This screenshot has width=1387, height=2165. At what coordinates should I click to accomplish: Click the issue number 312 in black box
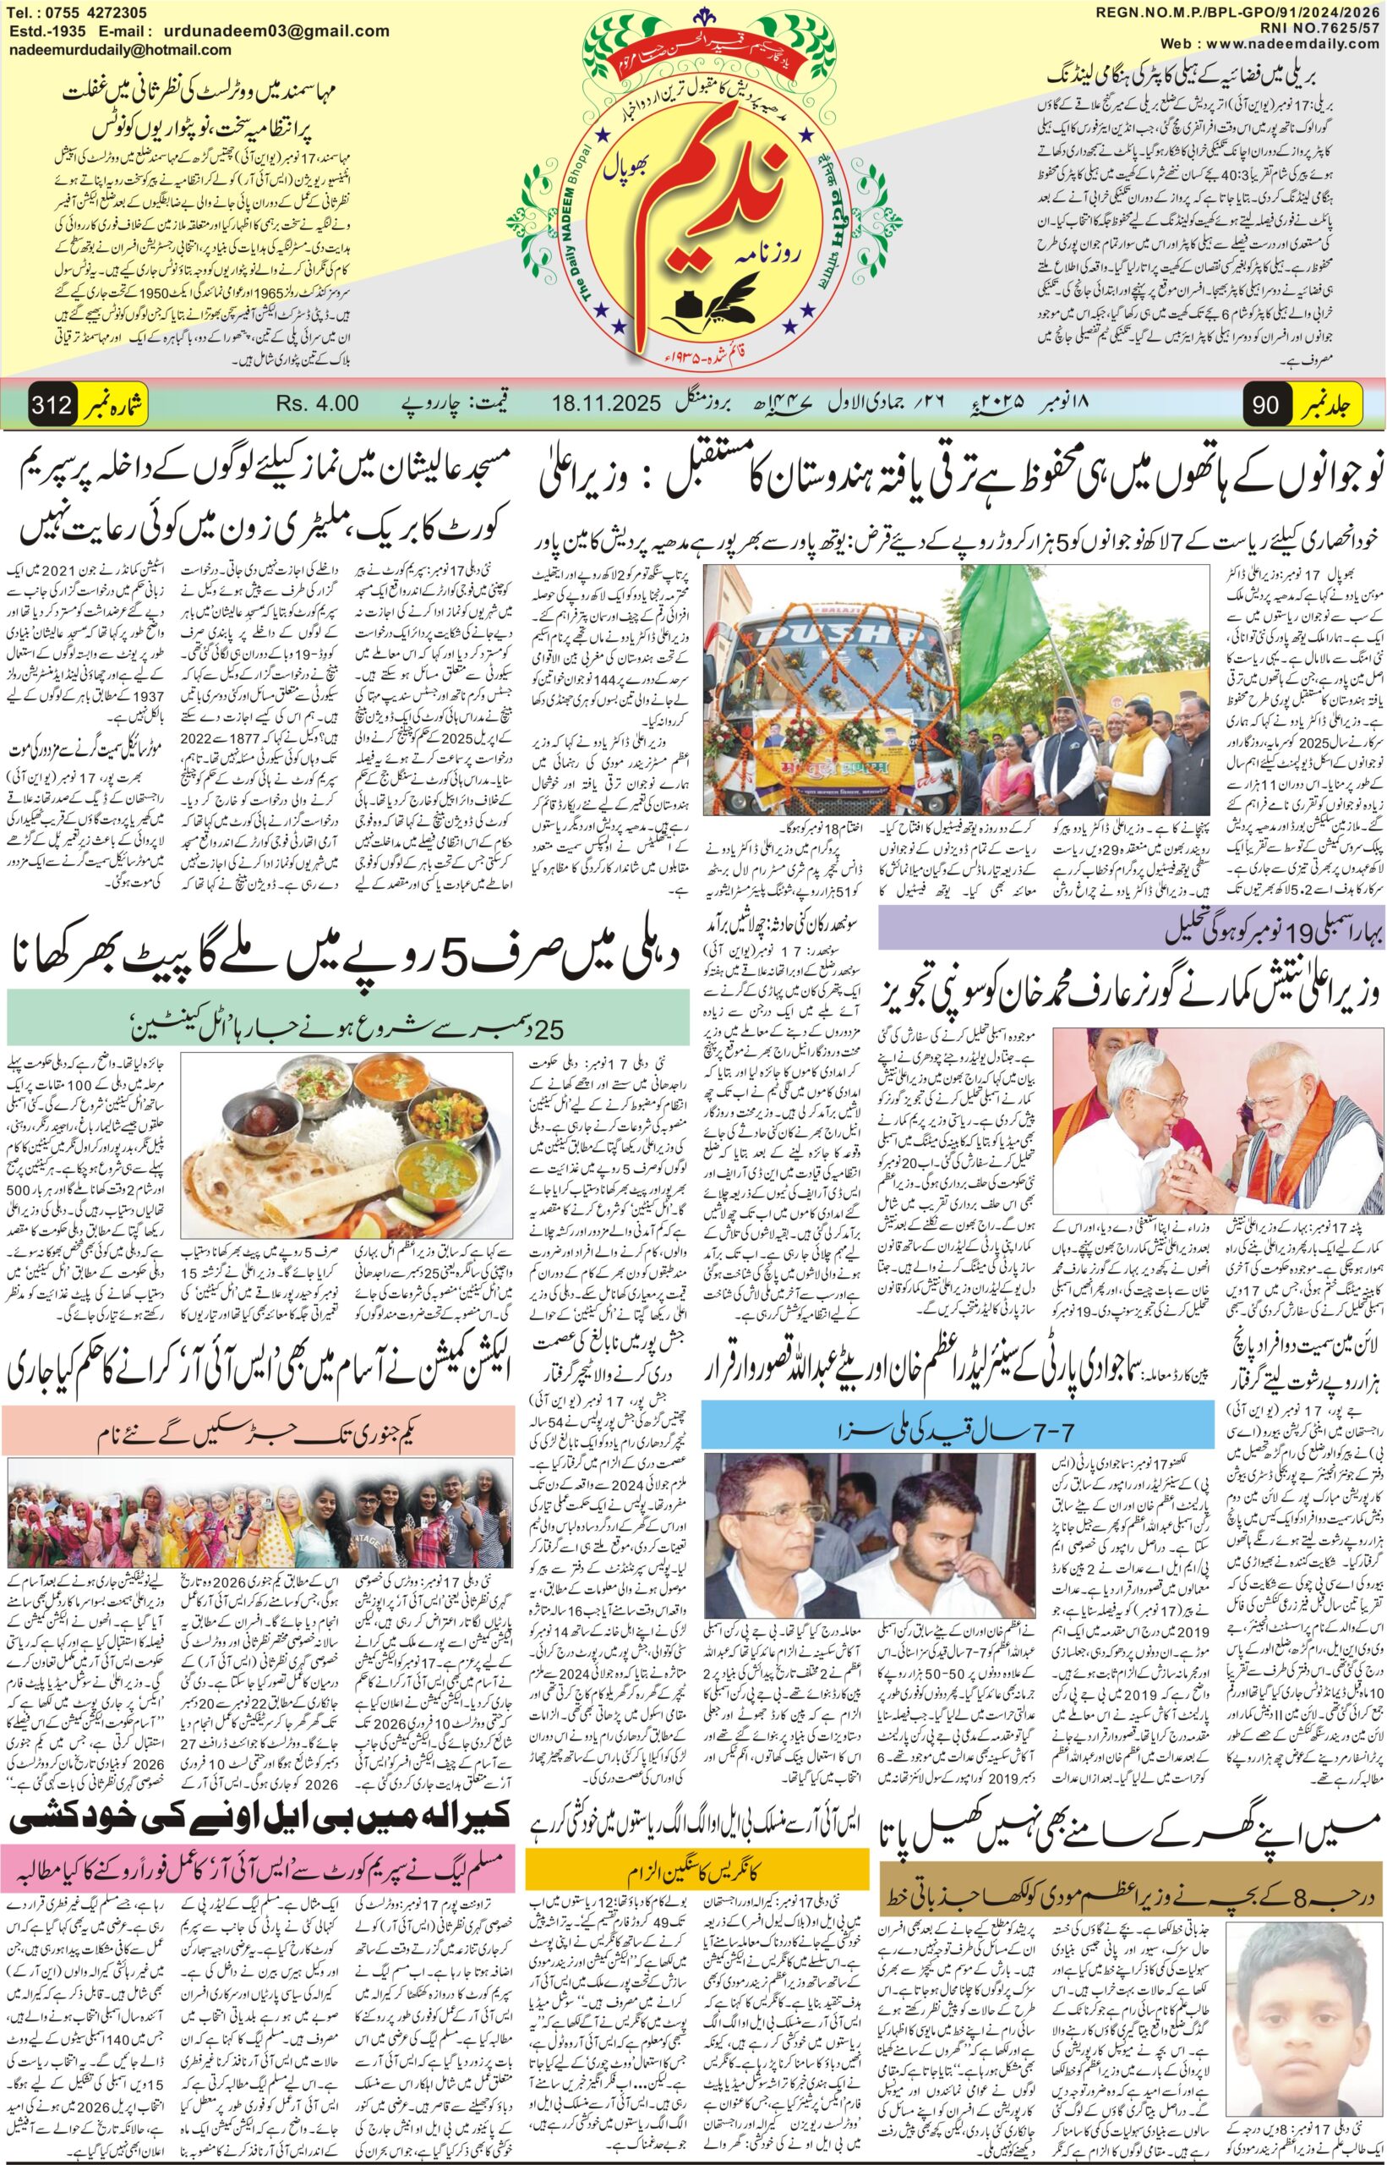(52, 404)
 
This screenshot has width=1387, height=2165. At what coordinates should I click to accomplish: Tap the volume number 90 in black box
(1265, 404)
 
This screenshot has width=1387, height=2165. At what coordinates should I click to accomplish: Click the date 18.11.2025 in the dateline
(607, 403)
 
